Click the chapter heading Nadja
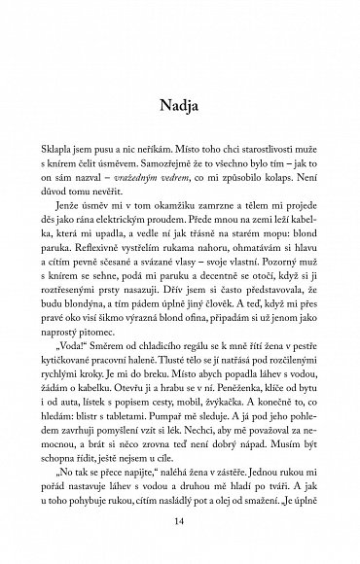click(180, 76)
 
